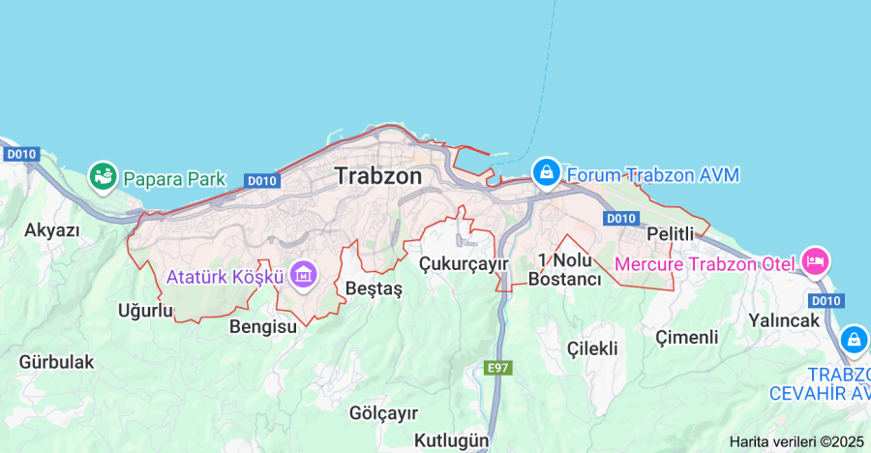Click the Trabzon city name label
(378, 176)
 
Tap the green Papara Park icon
(102, 176)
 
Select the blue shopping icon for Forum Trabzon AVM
(547, 174)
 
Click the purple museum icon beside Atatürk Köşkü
(303, 275)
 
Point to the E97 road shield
(497, 368)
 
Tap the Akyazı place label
(52, 230)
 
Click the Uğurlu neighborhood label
(144, 311)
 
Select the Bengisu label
(262, 326)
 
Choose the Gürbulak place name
(56, 362)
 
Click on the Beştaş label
(373, 288)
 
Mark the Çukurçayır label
(464, 263)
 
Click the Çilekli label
(592, 348)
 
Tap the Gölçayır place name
(383, 413)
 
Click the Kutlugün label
(451, 440)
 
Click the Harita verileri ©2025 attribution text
(796, 441)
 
